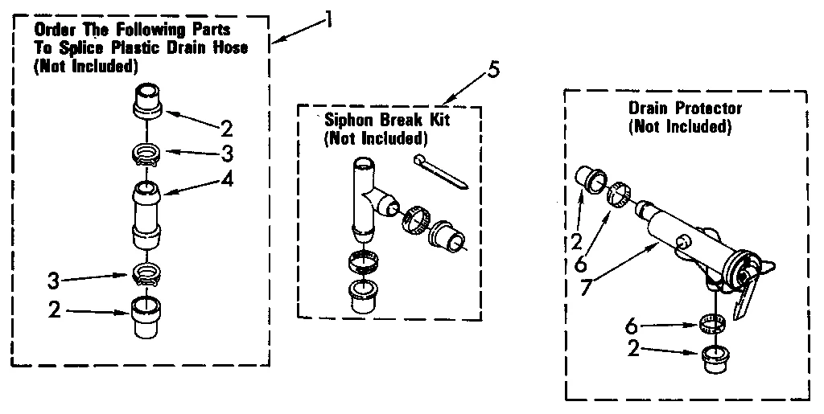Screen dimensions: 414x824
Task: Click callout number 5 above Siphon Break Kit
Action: (493, 70)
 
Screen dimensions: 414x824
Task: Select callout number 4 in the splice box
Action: (229, 180)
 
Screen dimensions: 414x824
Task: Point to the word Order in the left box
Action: (52, 30)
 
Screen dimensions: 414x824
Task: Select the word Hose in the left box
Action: (229, 48)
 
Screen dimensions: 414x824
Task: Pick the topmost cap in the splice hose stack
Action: (149, 99)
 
